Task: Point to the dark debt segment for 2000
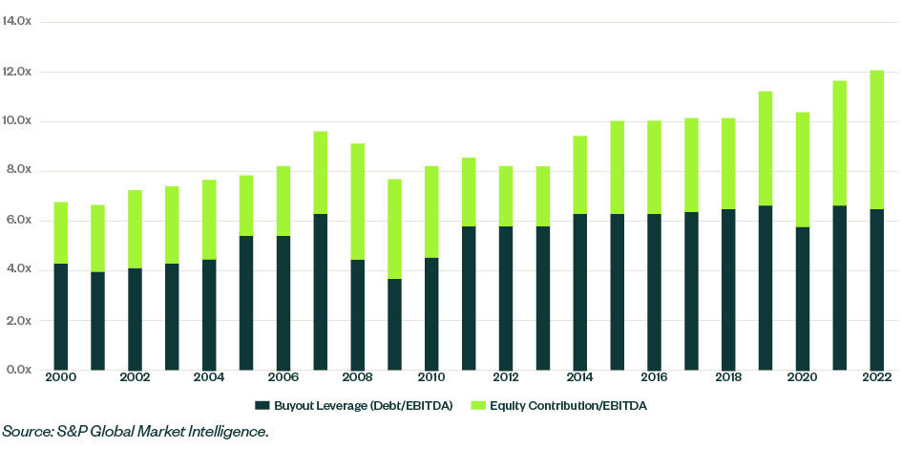(x=60, y=316)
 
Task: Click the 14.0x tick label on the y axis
(x=17, y=22)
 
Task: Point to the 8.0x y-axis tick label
(x=17, y=171)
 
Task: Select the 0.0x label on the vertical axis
(x=17, y=370)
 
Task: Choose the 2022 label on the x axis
(x=875, y=377)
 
